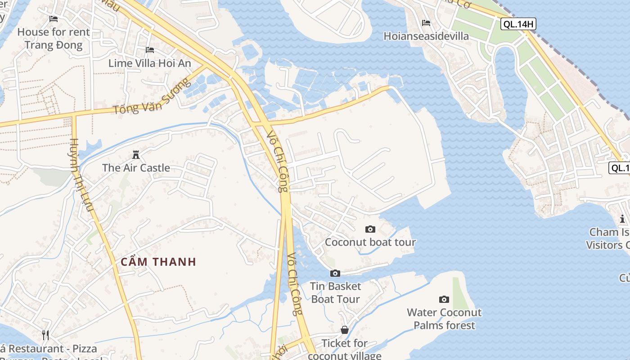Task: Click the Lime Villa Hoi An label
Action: pos(150,63)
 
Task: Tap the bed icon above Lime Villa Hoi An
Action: pos(150,49)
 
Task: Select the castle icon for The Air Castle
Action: pos(136,155)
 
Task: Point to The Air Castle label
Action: pos(136,168)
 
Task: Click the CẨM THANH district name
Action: pos(158,262)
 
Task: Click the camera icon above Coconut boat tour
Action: pos(370,229)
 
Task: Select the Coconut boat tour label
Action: pos(370,242)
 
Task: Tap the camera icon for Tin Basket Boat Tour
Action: pos(335,273)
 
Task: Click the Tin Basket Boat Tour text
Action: pos(336,292)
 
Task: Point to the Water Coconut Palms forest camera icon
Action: pos(444,299)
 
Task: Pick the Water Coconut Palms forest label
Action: pos(444,319)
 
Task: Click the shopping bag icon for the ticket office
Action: pos(345,330)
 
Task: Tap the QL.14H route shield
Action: pos(518,24)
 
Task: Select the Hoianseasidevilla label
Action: pos(426,36)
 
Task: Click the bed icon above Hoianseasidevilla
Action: pos(426,23)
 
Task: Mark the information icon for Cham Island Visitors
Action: pos(622,219)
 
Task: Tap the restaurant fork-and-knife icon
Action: pos(45,335)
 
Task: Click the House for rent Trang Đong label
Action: pos(54,38)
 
